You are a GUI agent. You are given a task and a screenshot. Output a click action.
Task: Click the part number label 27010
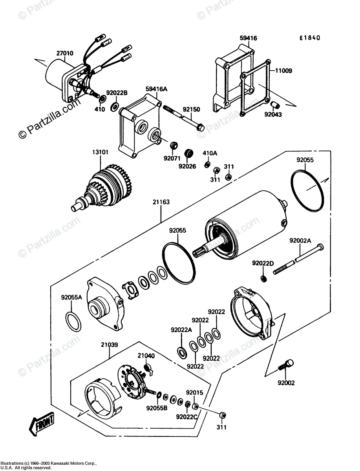pyautogui.click(x=65, y=53)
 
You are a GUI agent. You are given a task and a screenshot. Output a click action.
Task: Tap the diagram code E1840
pyautogui.click(x=310, y=38)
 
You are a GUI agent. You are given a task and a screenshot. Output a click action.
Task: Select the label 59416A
pyautogui.click(x=156, y=89)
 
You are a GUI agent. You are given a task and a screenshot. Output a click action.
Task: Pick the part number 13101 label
pyautogui.click(x=100, y=152)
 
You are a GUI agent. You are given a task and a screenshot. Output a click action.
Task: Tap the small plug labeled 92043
pyautogui.click(x=274, y=105)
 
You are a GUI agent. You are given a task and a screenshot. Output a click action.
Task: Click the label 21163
pyautogui.click(x=161, y=202)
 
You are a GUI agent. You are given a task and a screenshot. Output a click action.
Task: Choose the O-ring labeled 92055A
pyautogui.click(x=73, y=322)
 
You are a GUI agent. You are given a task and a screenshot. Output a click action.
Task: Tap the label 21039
pyautogui.click(x=110, y=345)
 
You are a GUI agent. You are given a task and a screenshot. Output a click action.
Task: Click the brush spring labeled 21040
pyautogui.click(x=149, y=370)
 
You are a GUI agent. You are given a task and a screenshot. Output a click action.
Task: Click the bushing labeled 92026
pyautogui.click(x=189, y=153)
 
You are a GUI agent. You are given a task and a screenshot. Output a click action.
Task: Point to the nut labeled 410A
pyautogui.click(x=207, y=165)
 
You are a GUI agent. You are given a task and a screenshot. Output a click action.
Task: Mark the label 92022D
pyautogui.click(x=263, y=263)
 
